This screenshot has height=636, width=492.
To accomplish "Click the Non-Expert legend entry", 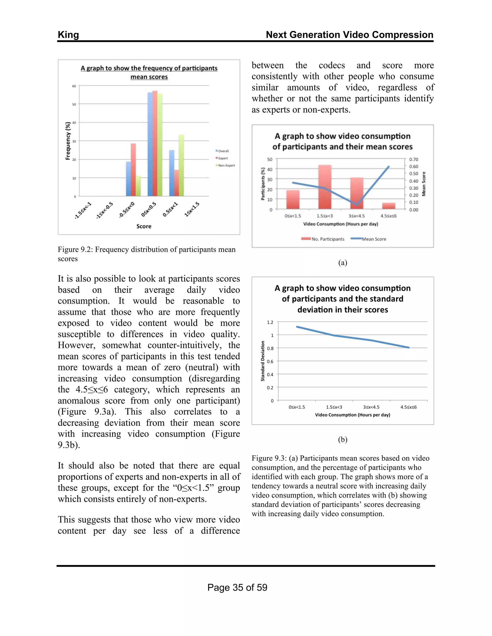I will click(226, 165).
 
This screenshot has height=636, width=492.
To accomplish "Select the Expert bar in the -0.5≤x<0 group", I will click(133, 169).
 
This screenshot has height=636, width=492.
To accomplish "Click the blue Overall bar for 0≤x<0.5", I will click(150, 144).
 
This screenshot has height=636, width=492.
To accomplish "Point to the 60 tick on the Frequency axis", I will click(74, 86).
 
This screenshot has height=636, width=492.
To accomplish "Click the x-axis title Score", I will click(144, 226).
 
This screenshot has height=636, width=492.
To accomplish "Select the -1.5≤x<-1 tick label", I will click(83, 210).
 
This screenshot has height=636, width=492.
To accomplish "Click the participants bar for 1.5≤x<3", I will click(325, 187).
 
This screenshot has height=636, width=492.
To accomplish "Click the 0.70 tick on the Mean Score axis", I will click(414, 159).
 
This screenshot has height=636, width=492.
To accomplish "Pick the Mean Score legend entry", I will click(374, 239).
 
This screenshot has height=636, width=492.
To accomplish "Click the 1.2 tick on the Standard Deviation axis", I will click(270, 322).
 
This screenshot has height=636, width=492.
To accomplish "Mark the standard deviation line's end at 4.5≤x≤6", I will click(409, 348).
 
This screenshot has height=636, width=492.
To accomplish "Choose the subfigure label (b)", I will click(343, 439).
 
